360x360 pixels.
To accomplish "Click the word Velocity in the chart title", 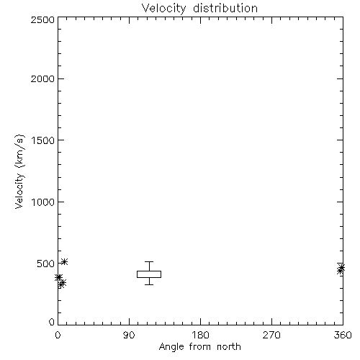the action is pos(163,9).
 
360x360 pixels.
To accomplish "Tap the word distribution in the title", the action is pos(225,8).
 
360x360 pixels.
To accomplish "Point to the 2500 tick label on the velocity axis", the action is pos(42,19).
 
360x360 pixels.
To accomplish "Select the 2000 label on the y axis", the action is pos(42,78).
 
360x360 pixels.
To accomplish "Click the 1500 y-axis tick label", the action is pos(43,140).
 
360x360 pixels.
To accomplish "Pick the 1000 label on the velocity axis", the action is pos(43,202).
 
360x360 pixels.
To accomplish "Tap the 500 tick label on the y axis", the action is pos(46,264).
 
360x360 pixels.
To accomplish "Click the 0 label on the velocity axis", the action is pos(52,322).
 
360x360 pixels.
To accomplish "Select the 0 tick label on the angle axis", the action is pos(58,335).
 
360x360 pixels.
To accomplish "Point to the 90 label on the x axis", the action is pos(129,335).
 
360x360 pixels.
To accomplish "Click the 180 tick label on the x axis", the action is pos(200,335).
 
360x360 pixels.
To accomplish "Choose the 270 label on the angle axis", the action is pos(271,335).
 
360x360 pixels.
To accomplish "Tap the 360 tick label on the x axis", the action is pos(343,335).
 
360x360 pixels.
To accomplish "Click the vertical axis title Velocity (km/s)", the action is pos(19,171).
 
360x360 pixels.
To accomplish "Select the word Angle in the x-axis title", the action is pos(171,347).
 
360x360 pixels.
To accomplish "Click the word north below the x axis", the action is pos(229,346).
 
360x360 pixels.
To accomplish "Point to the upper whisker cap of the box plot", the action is pos(149,261).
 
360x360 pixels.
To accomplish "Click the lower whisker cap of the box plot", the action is pos(149,284).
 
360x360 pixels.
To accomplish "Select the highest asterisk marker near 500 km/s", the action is pos(64,261).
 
